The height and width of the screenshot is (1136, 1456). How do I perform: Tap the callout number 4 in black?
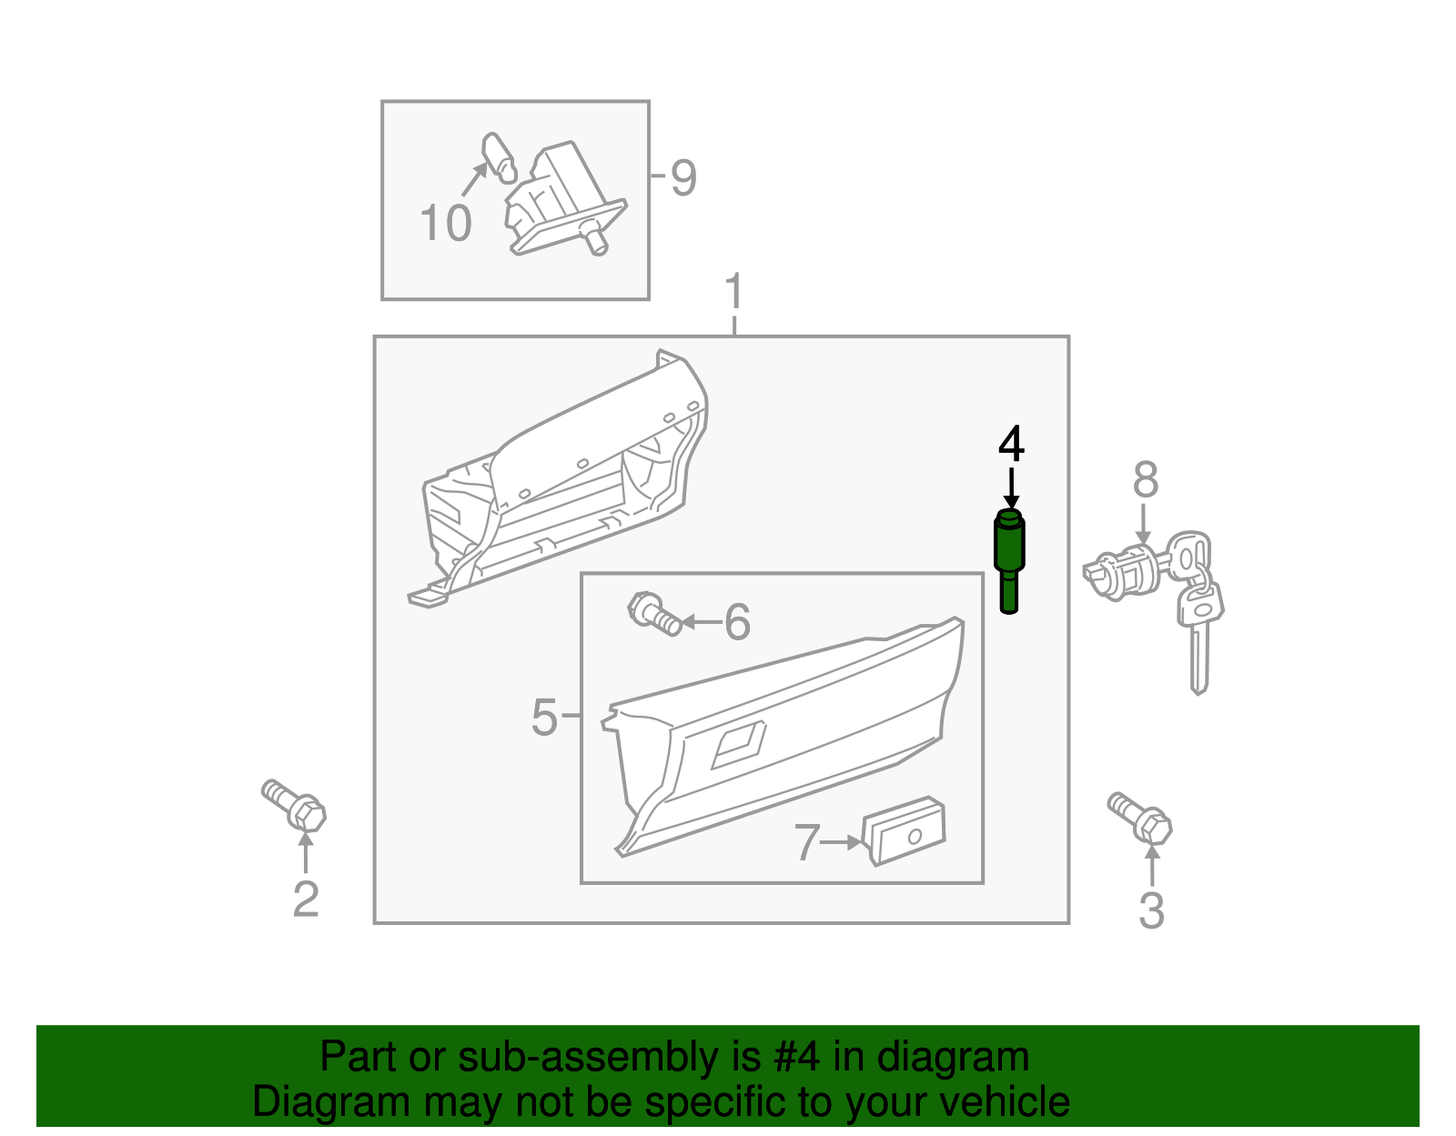[x=1011, y=445]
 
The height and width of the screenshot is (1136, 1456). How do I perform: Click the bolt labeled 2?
[x=296, y=805]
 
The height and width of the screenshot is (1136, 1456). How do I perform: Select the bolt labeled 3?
[x=1141, y=818]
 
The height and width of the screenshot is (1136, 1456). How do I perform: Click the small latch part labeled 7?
[x=904, y=831]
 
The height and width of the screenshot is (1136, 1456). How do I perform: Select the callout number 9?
[x=682, y=177]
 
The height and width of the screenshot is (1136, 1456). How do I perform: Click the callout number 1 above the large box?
[x=733, y=293]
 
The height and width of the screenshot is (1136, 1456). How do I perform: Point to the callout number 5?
[x=543, y=718]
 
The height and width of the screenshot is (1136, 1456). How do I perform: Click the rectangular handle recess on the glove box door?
[x=738, y=746]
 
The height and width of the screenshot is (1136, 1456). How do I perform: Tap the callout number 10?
[x=445, y=223]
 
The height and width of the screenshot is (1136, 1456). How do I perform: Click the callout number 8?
[x=1145, y=479]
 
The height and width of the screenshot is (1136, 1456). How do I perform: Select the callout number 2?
[x=306, y=899]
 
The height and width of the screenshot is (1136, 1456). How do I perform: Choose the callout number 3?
[x=1151, y=910]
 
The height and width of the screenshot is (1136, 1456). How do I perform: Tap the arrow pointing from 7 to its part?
[x=840, y=843]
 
